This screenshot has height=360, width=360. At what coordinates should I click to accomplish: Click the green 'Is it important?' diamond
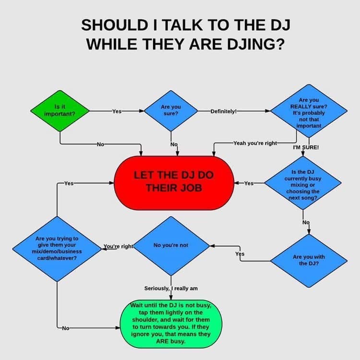(60, 111)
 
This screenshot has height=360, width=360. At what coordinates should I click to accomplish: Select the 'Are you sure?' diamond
(171, 111)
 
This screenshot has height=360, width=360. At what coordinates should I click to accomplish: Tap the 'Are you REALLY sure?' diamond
(309, 111)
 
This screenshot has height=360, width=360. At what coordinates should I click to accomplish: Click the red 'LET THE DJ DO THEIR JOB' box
(174, 183)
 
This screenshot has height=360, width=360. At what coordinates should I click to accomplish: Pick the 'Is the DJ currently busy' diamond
(303, 183)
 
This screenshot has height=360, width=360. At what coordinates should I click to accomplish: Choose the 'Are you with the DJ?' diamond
(309, 261)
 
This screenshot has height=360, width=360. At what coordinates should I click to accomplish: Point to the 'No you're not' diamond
(171, 246)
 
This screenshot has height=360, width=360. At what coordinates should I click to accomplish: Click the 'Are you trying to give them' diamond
(57, 249)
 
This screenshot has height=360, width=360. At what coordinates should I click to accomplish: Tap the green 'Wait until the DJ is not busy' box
(171, 324)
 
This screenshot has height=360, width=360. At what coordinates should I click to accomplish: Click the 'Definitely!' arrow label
(224, 111)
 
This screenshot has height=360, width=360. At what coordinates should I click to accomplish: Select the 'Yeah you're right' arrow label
(255, 143)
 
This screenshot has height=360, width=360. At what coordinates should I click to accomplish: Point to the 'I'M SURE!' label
(306, 147)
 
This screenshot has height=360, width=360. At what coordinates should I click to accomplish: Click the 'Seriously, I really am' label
(171, 288)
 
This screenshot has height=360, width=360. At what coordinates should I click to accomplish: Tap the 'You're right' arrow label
(118, 246)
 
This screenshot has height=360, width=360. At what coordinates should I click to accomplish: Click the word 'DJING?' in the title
(255, 44)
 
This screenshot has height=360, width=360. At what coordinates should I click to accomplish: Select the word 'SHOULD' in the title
(115, 25)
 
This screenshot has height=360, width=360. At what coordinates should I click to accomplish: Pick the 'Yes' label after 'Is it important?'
(117, 111)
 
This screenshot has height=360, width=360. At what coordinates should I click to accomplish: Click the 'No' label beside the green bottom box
(66, 328)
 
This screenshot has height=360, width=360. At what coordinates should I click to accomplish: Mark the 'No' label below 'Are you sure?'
(174, 144)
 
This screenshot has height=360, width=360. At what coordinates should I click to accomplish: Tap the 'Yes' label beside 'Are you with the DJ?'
(240, 254)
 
